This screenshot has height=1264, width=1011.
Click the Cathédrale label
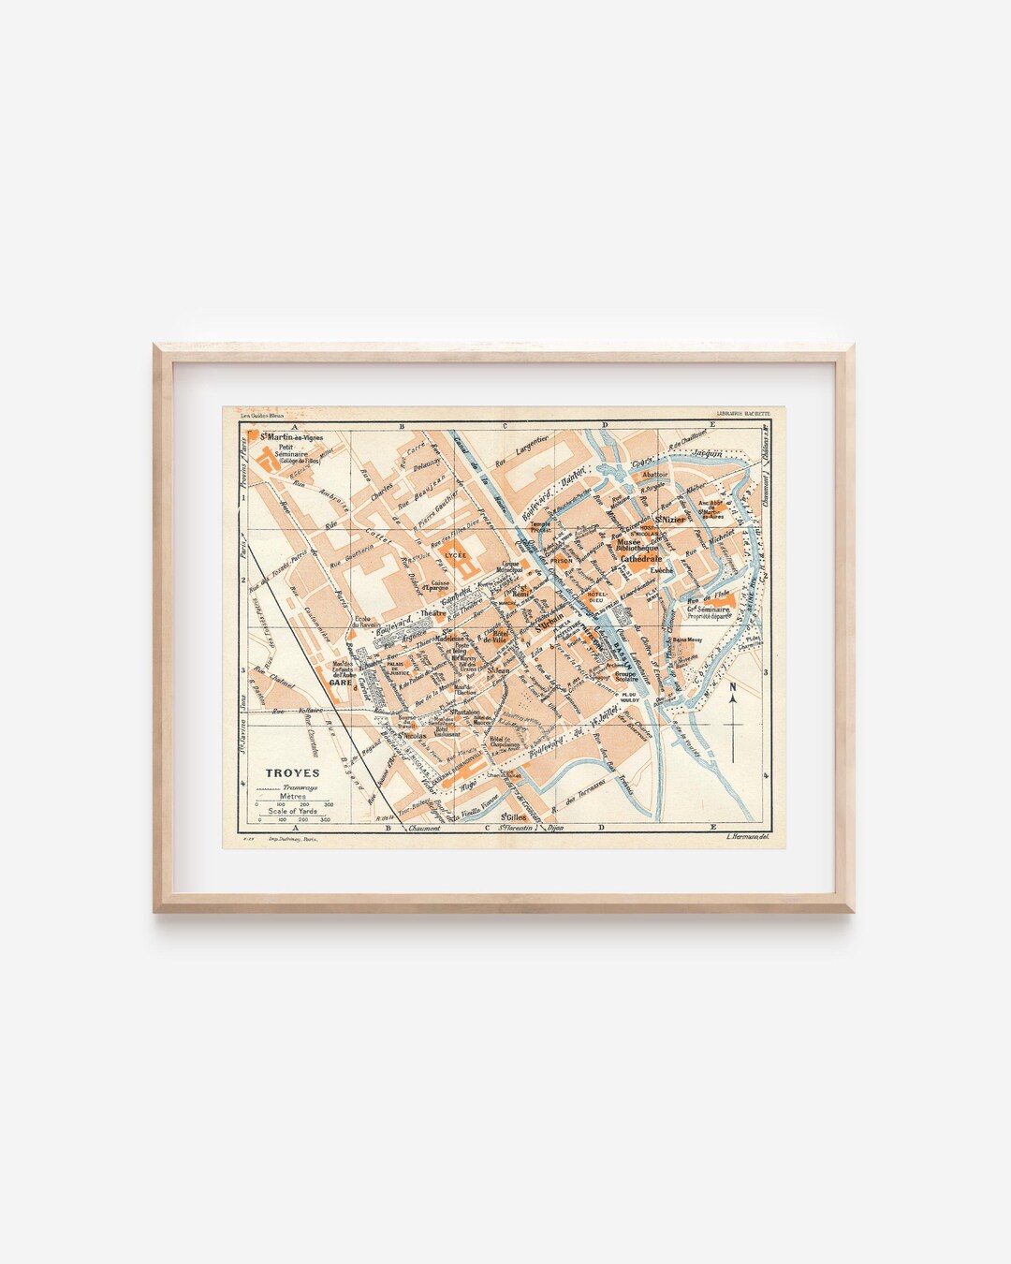(641, 558)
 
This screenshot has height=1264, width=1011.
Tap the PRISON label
(562, 560)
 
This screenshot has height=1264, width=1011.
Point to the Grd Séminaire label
(709, 610)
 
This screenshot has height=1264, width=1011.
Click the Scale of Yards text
(292, 811)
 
